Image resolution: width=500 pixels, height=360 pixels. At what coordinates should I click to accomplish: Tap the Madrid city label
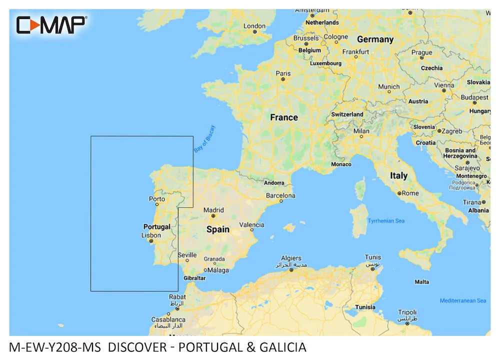[214, 210]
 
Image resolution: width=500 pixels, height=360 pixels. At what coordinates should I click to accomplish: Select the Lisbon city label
[151, 235]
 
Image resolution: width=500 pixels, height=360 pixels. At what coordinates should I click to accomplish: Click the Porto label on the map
[157, 199]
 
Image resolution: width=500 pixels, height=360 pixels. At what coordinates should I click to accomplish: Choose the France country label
[284, 117]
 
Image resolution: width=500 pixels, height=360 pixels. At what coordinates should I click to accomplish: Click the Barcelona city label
[280, 195]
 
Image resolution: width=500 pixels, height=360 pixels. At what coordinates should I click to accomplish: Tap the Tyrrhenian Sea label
[386, 220]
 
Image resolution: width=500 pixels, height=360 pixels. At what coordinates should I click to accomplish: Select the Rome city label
[410, 193]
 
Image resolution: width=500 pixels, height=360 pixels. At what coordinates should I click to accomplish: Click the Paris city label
[283, 73]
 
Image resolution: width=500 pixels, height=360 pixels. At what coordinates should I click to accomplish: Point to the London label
[254, 26]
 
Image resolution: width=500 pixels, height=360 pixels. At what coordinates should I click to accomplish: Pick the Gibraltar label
[194, 277]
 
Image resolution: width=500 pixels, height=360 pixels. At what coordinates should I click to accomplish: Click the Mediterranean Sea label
[463, 300]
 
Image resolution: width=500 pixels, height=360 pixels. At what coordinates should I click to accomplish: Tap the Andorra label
[274, 183]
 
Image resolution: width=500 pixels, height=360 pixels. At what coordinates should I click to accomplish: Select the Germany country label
[375, 39]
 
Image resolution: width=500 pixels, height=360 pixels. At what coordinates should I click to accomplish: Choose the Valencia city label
[252, 225]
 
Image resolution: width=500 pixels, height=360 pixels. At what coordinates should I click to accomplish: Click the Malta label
[422, 282]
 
